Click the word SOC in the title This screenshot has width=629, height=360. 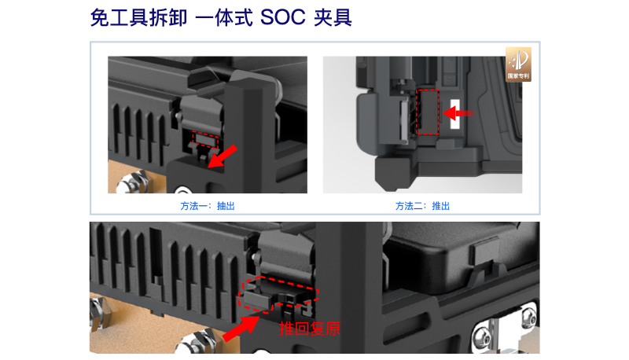point(283,17)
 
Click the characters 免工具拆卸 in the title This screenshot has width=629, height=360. point(139,18)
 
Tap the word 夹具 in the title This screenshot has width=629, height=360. point(333,18)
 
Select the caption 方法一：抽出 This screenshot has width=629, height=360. point(208,206)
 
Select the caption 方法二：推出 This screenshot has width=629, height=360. point(422,206)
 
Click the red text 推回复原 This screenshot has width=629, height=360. point(310,329)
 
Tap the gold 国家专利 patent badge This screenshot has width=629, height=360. point(518,64)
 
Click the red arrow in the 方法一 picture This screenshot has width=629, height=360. point(223,156)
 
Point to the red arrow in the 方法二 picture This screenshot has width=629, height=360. point(458,113)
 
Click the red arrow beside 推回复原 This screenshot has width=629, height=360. point(241,329)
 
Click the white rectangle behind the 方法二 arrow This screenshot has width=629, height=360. point(455,114)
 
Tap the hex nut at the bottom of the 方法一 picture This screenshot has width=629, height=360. point(131,183)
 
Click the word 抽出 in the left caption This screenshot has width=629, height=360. point(226,206)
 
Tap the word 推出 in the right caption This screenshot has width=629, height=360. point(441,206)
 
